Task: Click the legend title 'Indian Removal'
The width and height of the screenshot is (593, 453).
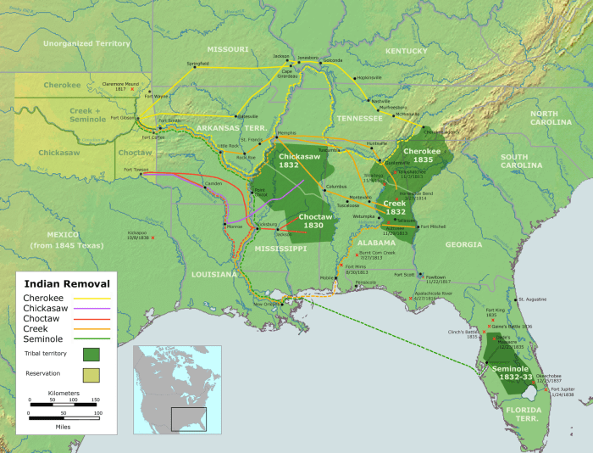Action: (66, 283)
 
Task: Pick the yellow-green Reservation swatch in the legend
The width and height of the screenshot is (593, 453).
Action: (91, 374)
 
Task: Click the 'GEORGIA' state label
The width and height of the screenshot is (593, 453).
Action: (463, 244)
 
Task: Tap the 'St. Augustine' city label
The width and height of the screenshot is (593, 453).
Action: (533, 299)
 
